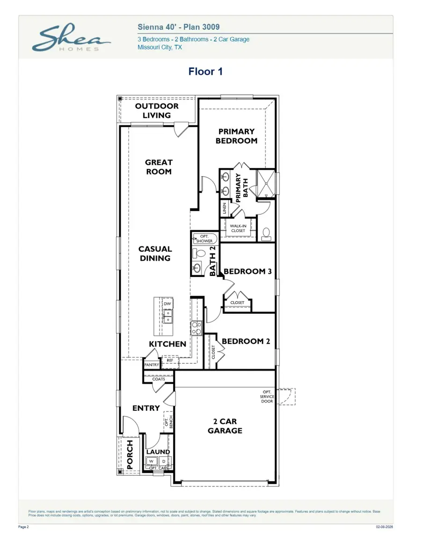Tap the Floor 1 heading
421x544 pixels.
[205, 71]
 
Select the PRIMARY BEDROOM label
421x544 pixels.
[236, 136]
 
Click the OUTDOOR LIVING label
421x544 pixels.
[157, 111]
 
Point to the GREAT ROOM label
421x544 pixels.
[158, 167]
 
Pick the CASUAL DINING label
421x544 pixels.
[155, 254]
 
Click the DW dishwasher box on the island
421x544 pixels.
[167, 304]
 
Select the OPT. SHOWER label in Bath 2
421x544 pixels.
[203, 239]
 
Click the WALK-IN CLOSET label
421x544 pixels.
[238, 228]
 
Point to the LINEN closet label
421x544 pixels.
[225, 208]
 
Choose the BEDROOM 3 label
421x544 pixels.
[247, 271]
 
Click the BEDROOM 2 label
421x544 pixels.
[246, 341]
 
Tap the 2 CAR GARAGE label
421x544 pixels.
[225, 426]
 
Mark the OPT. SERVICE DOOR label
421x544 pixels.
[267, 396]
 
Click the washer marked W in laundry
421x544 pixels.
[151, 461]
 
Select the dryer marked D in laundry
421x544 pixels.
[164, 461]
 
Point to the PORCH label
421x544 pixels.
[130, 454]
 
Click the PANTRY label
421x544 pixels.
[152, 365]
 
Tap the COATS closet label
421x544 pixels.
[159, 379]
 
